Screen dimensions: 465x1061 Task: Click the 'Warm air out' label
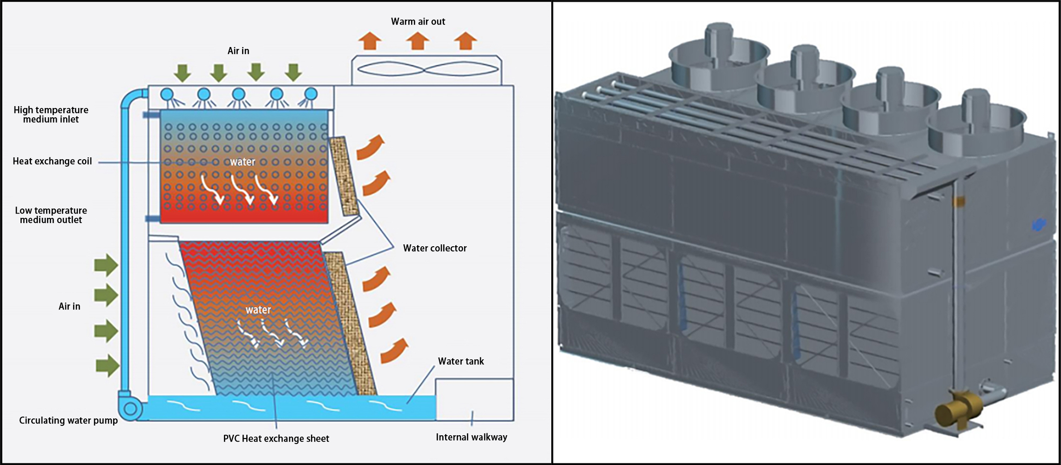pos(418,21)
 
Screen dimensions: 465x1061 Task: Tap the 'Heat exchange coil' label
pos(52,161)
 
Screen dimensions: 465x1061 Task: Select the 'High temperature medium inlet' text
pos(51,115)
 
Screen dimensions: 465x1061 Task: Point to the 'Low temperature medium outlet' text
pos(51,215)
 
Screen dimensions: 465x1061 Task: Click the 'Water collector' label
pos(435,248)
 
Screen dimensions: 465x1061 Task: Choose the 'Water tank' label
pos(460,361)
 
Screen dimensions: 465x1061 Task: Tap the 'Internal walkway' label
pos(471,437)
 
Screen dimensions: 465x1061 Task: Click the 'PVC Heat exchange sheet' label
pos(276,438)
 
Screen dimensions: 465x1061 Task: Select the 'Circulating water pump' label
pos(68,420)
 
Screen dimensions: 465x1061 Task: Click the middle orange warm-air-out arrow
pos(417,41)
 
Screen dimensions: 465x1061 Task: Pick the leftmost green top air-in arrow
pos(182,73)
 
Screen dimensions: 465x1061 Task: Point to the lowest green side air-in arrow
pos(107,365)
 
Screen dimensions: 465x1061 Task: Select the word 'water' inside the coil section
pos(242,162)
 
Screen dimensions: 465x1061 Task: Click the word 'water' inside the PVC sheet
pos(258,310)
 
